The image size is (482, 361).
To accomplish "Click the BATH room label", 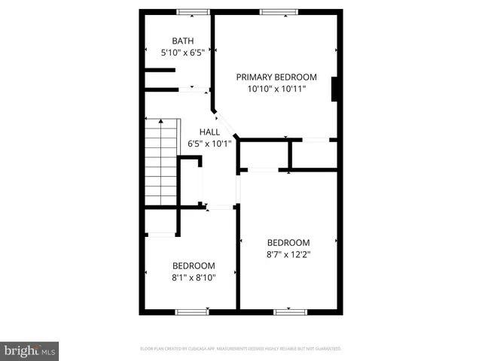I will [182, 41].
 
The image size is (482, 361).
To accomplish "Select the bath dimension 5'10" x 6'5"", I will [182, 53].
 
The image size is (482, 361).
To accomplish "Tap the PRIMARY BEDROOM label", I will [276, 77].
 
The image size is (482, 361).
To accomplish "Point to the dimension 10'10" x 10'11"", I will [276, 89].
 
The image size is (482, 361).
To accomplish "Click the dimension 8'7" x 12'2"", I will [288, 254].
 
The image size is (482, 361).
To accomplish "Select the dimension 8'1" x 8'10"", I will [194, 278].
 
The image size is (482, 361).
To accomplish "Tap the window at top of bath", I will [192, 12].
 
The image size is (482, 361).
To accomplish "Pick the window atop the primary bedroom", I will [276, 12].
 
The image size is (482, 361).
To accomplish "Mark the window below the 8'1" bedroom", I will [192, 311].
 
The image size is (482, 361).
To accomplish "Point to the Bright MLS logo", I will [29, 350].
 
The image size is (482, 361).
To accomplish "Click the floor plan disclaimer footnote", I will [241, 349].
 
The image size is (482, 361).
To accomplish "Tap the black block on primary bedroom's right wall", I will [337, 89].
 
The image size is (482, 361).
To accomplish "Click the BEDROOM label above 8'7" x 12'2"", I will [288, 242].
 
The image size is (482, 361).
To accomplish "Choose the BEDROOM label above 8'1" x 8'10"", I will [194, 265].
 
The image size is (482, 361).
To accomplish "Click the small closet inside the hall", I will [191, 181].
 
